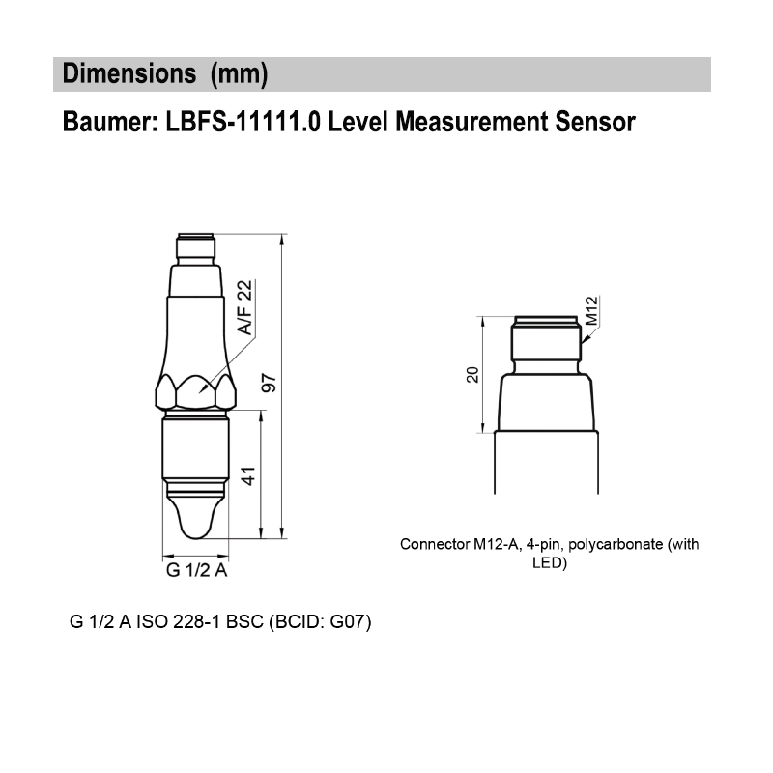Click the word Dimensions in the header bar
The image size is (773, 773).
[x=125, y=73]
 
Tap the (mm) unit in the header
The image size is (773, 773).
[x=238, y=73]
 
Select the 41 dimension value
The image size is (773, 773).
[x=248, y=474]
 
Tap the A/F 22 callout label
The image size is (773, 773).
[x=245, y=307]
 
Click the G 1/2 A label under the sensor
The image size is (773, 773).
[x=196, y=570]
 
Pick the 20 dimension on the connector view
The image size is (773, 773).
[x=472, y=374]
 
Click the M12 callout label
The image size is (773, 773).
[x=592, y=311]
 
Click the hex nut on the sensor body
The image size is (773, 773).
[x=196, y=391]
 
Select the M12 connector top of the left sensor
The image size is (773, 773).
[x=196, y=247]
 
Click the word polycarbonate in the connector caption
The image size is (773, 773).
[x=614, y=544]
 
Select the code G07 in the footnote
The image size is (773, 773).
[x=346, y=621]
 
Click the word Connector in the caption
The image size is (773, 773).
[x=434, y=544]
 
